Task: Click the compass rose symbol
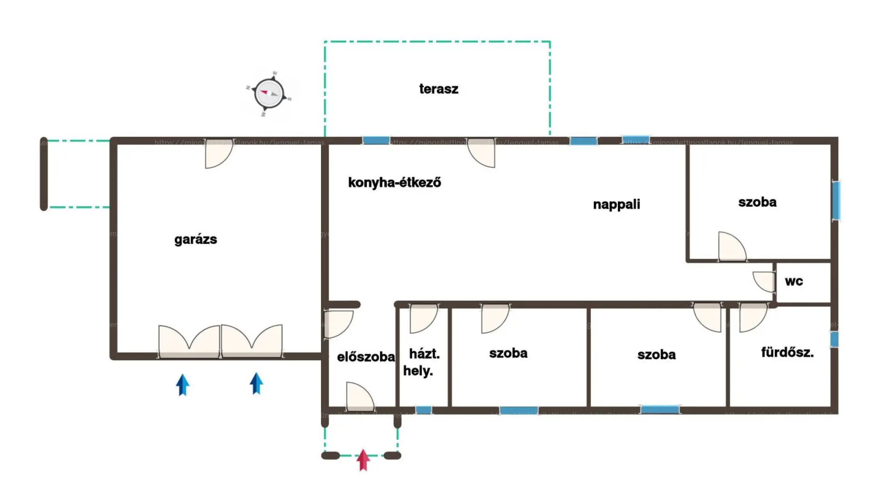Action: [269, 94]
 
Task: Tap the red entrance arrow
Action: [363, 460]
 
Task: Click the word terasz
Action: [438, 89]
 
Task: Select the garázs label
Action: [196, 239]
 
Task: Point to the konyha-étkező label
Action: [394, 183]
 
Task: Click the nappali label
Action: [616, 204]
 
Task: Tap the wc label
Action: [794, 281]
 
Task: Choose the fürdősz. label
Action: [787, 352]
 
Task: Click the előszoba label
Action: [366, 357]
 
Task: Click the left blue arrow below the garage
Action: [183, 384]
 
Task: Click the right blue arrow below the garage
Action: [256, 383]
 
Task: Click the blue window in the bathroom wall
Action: [834, 339]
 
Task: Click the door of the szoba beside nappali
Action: [731, 247]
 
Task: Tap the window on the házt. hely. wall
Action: [423, 410]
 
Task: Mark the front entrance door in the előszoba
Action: [360, 396]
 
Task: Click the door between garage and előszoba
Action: [338, 324]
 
